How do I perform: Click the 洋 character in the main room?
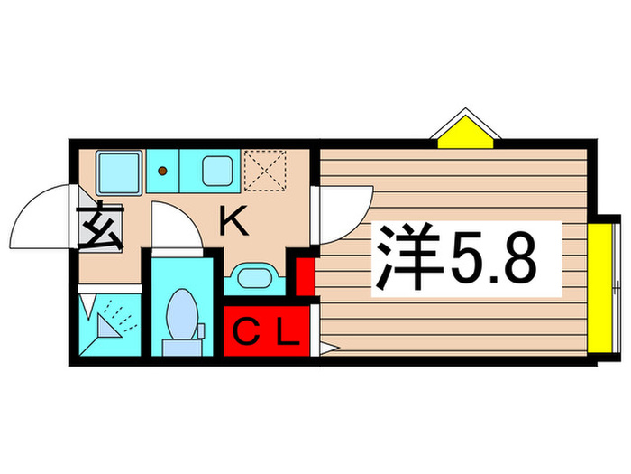404,257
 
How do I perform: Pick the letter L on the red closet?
287,335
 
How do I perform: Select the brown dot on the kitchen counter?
163,169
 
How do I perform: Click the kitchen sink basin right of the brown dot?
216,169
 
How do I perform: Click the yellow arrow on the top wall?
465,129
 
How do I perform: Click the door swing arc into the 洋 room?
343,212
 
